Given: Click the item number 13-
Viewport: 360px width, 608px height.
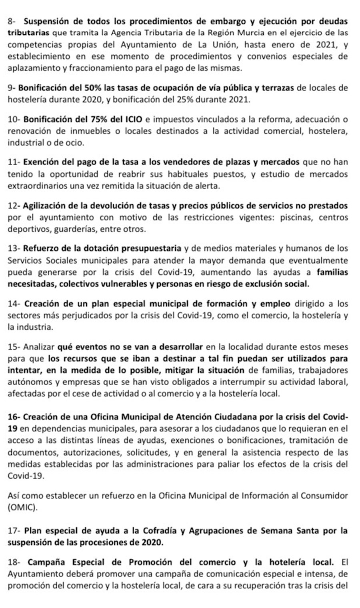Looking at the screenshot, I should pos(14,248).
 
